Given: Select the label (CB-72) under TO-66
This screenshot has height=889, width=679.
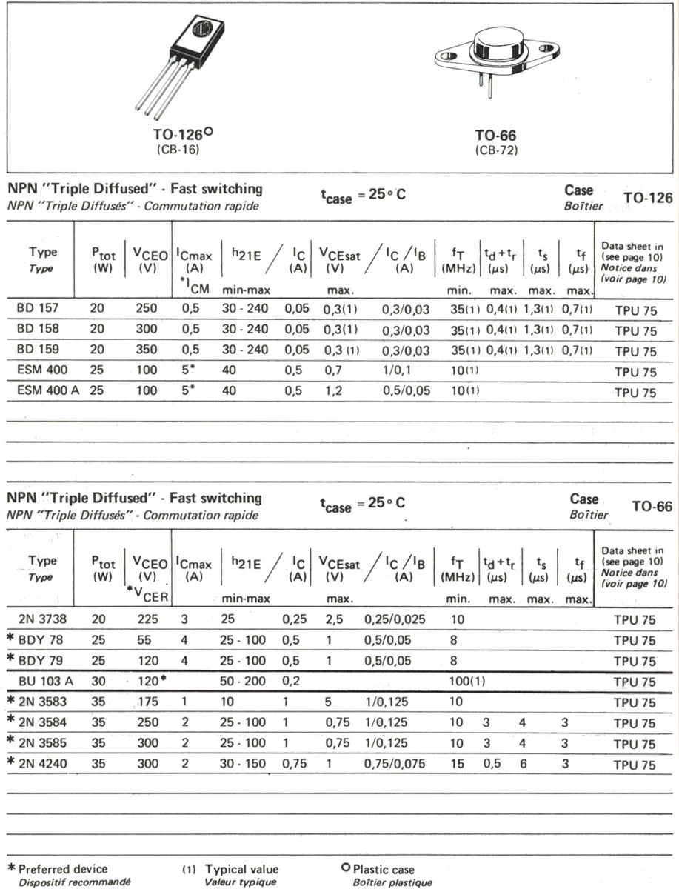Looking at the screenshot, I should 495,150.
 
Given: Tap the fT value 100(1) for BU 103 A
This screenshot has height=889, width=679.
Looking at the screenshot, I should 466,682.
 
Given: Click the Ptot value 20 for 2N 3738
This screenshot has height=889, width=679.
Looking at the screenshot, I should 97,619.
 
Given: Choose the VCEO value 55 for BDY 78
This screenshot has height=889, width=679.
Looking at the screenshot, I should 148,640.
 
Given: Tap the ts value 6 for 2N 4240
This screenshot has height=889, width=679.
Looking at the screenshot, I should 523,765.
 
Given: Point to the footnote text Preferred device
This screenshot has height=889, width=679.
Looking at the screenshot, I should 63,869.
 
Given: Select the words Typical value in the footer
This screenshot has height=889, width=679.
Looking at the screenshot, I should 242,869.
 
